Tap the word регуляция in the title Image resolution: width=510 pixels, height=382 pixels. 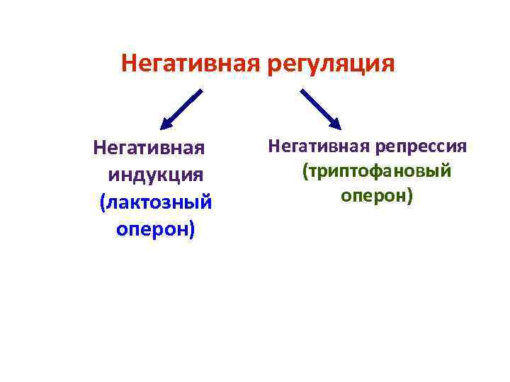[331, 65]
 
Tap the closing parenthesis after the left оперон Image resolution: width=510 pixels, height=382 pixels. [191, 230]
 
